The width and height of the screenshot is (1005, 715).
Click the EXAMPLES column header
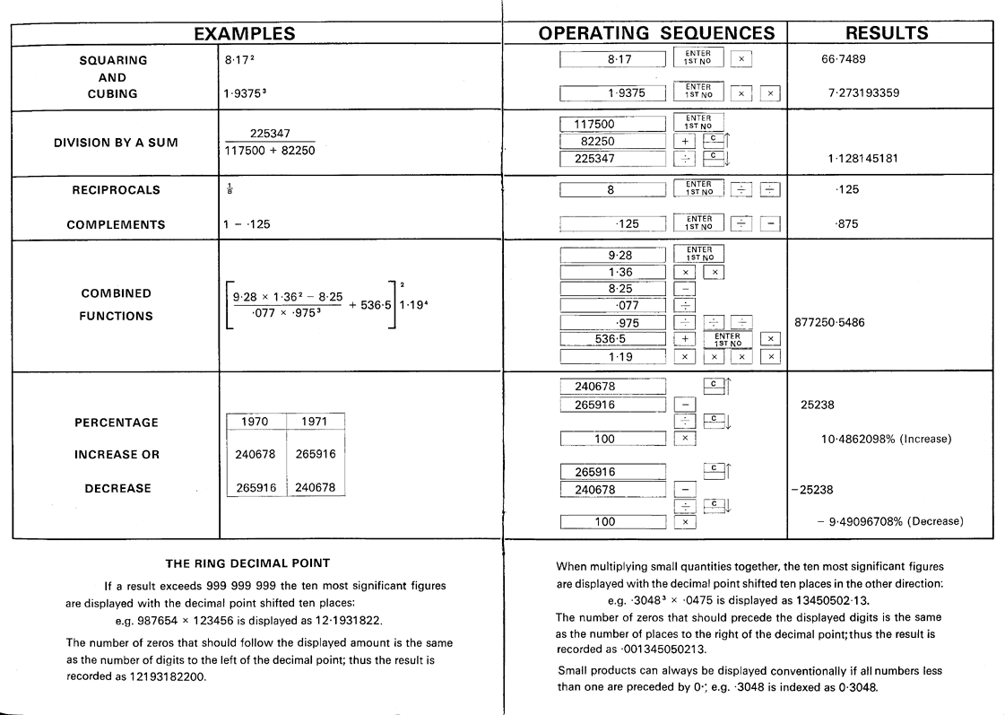245,33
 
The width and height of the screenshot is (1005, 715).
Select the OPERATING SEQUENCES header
656,33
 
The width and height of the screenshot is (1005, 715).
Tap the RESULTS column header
887,33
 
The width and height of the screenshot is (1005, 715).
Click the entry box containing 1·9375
613,92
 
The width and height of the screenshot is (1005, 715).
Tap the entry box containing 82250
613,142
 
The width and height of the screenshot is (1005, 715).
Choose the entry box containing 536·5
613,339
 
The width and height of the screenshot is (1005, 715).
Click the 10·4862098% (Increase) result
886,439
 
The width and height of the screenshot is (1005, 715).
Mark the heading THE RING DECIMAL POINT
248,563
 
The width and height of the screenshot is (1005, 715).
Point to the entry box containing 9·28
613,255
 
